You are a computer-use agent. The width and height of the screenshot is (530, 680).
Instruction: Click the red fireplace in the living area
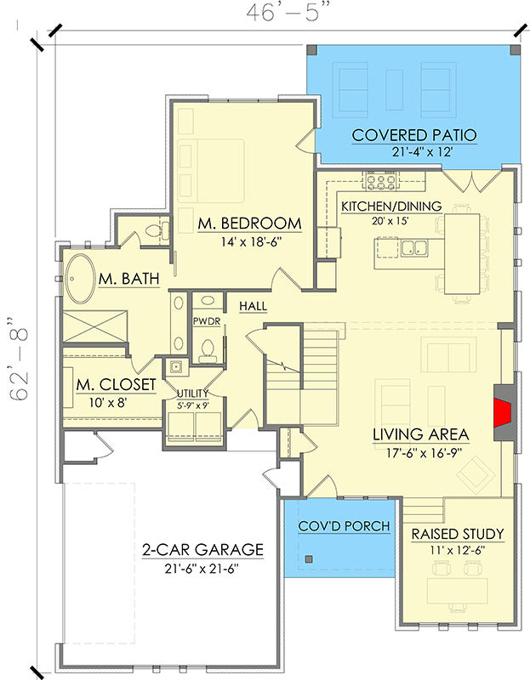(x=503, y=414)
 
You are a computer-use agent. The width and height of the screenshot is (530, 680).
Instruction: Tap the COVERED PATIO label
(x=414, y=135)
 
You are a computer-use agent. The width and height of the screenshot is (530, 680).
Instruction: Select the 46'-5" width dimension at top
(x=288, y=14)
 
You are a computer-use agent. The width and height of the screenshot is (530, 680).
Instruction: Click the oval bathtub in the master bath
(x=83, y=278)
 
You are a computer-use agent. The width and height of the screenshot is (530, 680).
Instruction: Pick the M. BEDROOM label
(x=249, y=224)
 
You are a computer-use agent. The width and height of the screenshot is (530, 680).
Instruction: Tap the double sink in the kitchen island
(x=414, y=248)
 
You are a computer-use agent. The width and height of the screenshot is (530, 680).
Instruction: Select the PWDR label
(x=206, y=322)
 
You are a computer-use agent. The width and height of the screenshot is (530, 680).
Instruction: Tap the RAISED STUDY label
(x=458, y=535)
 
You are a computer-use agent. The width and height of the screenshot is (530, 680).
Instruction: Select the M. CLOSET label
(x=116, y=385)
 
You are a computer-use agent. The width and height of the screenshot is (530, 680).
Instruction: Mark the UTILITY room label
(x=192, y=393)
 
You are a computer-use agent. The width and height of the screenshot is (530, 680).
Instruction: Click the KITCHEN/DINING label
(x=391, y=207)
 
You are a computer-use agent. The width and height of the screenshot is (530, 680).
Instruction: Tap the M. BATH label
(x=129, y=279)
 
